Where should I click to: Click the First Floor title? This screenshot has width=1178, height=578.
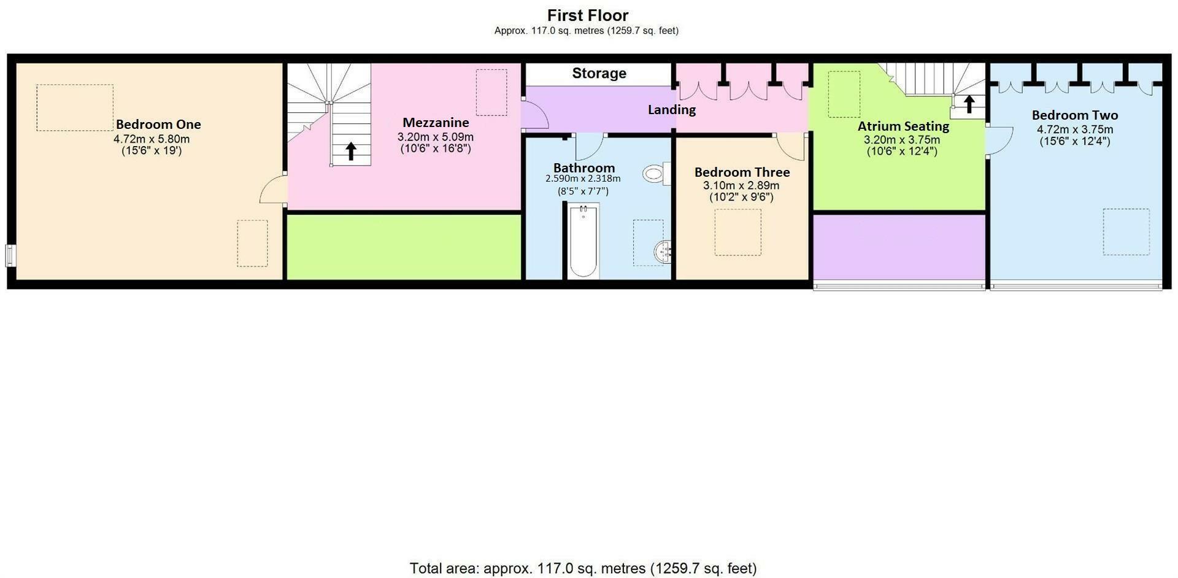tap(588, 15)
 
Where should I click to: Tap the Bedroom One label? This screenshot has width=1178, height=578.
tap(158, 125)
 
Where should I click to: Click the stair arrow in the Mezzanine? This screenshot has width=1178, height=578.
tap(351, 151)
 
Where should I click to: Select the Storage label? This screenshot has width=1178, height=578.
tap(599, 74)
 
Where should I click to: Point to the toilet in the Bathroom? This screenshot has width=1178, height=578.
tap(655, 174)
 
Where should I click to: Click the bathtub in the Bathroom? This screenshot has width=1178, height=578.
tap(582, 241)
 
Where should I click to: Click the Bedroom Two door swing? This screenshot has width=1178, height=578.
tap(999, 141)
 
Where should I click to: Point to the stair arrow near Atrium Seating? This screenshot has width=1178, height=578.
tap(969, 104)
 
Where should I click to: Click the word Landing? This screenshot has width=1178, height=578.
tap(671, 110)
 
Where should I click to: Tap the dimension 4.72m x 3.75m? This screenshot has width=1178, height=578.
tap(1074, 129)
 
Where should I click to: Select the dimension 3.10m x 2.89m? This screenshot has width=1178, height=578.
tap(741, 185)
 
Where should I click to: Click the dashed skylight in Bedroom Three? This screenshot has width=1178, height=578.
tap(737, 232)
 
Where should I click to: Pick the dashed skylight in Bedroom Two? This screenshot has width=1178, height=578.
tap(1126, 231)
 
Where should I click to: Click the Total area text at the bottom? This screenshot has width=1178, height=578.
tap(583, 568)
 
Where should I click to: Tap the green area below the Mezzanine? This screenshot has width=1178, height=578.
tap(404, 247)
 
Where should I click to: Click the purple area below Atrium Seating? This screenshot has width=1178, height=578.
tap(899, 247)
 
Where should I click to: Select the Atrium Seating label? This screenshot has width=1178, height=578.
tap(903, 126)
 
